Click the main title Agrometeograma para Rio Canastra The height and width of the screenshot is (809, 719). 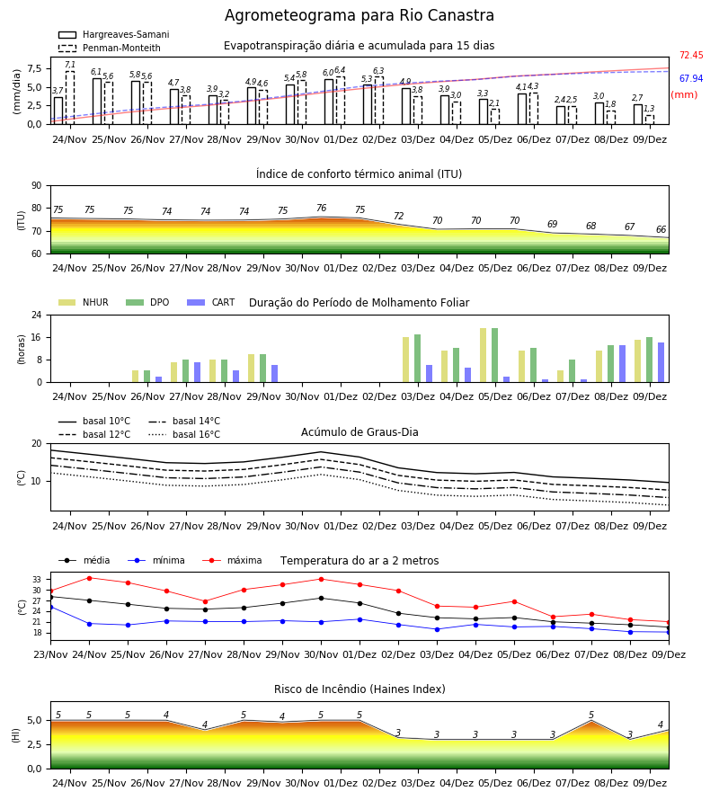click(359, 15)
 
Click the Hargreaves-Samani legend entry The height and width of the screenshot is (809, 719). click(114, 34)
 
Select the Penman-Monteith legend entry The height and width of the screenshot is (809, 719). click(110, 48)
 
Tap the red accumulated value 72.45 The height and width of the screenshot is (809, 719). click(691, 55)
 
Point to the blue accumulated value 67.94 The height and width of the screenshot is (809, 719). click(691, 78)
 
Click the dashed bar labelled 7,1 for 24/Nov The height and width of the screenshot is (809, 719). click(69, 97)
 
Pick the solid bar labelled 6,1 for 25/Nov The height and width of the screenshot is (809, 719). click(97, 101)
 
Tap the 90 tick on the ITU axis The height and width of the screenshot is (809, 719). click(37, 186)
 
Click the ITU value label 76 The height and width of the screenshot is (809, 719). click(322, 208)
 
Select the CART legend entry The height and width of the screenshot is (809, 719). click(211, 302)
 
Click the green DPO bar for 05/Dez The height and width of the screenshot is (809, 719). click(494, 355)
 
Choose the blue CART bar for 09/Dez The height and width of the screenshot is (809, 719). click(661, 362)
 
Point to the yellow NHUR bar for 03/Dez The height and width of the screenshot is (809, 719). click(406, 360)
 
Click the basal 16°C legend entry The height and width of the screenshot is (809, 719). click(184, 434)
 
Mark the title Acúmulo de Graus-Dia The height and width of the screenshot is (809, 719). click(359, 432)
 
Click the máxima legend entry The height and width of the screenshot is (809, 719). click(232, 560)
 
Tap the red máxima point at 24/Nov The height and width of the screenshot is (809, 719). click(89, 578)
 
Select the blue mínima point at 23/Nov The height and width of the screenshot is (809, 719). click(51, 608)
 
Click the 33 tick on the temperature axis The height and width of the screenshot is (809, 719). click(37, 580)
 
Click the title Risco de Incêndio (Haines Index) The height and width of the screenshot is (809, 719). click(359, 689)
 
